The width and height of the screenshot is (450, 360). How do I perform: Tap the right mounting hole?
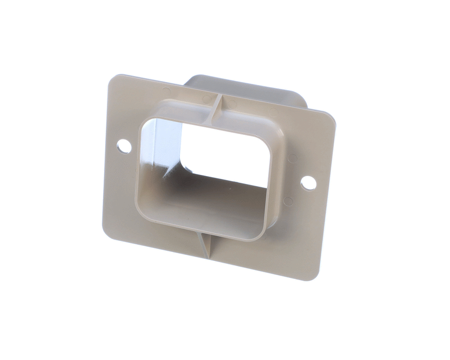[308, 183]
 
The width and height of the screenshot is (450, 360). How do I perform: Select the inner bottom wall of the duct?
[208, 205]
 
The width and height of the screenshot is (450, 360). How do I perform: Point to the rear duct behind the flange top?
[247, 90]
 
